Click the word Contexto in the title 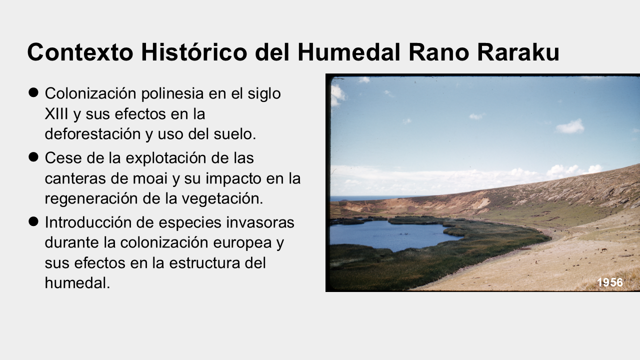80,52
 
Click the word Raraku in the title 518,52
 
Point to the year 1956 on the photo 609,282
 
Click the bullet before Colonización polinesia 33,92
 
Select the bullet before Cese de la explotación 33,157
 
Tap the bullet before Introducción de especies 33,221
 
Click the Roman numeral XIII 56,113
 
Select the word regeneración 91,199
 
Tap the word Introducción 87,222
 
